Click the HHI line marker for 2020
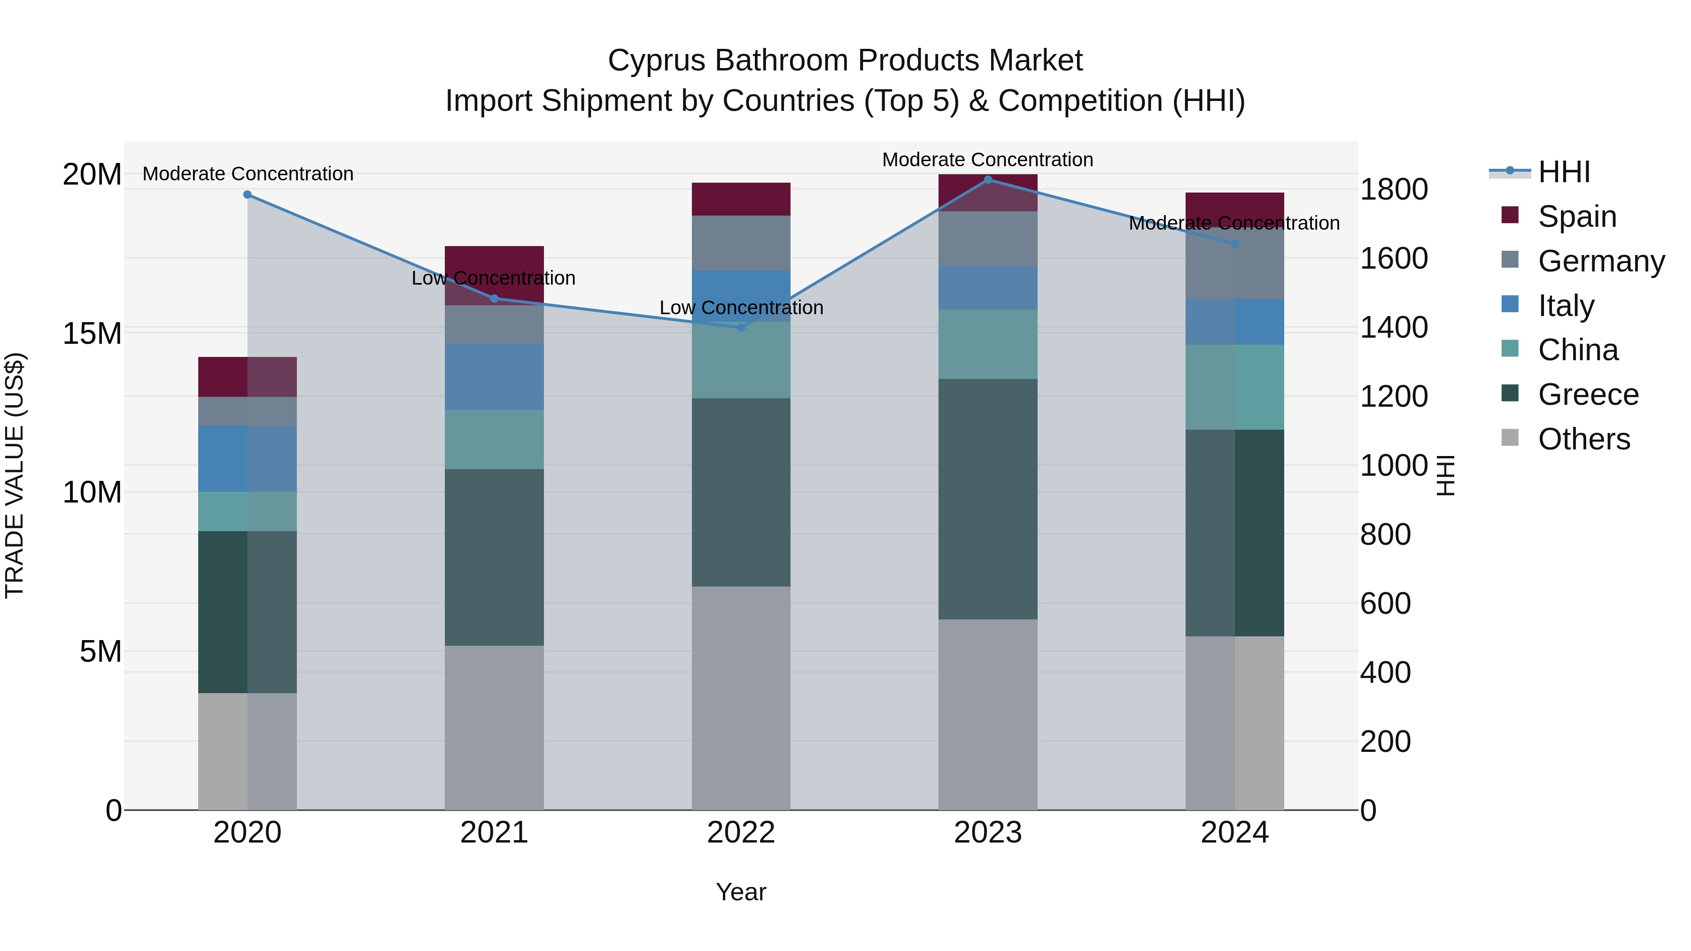pos(248,194)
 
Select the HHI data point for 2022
pos(741,327)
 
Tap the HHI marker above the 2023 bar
pos(988,180)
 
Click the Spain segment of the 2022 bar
pos(741,199)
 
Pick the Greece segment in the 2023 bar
pos(988,499)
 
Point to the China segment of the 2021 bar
pos(494,439)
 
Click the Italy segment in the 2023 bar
pos(988,287)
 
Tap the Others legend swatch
pos(1510,438)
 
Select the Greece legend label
pos(1588,394)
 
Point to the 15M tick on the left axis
pos(92,333)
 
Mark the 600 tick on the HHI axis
pos(1385,603)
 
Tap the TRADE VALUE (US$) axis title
pos(15,475)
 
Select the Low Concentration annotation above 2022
pos(741,307)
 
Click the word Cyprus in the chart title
pos(657,61)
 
